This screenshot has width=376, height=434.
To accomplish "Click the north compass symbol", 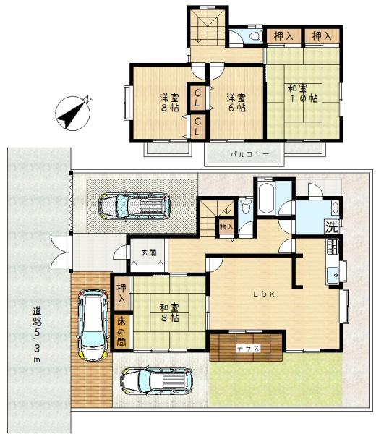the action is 73,113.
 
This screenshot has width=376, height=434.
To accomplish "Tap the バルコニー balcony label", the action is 250,154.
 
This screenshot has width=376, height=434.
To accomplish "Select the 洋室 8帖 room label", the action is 169,103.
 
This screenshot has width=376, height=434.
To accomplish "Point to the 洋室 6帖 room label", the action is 236,103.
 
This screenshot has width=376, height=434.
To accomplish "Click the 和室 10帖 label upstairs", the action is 302,93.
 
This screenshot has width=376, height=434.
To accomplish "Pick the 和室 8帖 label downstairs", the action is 169,312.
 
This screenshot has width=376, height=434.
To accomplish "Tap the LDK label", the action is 265,294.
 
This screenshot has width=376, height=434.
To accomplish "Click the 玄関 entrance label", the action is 149,252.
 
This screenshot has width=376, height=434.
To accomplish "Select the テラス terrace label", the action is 249,348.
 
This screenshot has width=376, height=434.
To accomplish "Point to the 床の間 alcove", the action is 121,332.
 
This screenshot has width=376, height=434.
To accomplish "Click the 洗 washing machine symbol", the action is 332,227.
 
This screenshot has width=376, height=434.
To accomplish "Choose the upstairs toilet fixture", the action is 256,35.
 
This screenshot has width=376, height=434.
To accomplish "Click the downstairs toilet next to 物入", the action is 245,207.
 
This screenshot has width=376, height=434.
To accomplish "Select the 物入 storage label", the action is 226,227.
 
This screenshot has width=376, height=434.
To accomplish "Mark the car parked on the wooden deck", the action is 93,325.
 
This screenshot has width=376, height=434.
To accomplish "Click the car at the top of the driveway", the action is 134,206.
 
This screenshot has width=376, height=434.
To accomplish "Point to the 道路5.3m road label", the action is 37,335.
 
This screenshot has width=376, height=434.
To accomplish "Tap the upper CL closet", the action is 197,98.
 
